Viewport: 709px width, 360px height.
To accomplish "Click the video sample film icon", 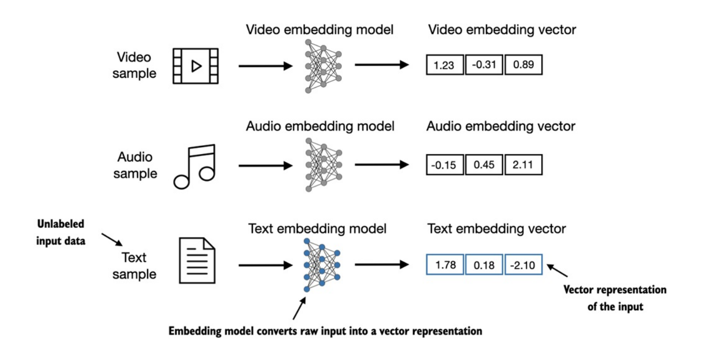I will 195,65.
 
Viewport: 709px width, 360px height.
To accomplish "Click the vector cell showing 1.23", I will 445,65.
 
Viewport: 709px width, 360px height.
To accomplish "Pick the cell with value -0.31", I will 483,65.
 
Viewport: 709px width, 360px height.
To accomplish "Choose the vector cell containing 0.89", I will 523,65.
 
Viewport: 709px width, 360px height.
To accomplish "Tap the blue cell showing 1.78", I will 445,265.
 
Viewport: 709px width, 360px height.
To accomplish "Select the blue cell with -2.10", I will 523,265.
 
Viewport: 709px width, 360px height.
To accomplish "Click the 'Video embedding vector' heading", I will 502,29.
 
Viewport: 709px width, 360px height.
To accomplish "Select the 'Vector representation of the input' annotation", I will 614,298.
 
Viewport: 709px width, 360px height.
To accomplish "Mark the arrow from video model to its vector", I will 381,66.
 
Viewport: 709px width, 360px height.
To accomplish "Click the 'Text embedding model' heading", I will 317,229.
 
